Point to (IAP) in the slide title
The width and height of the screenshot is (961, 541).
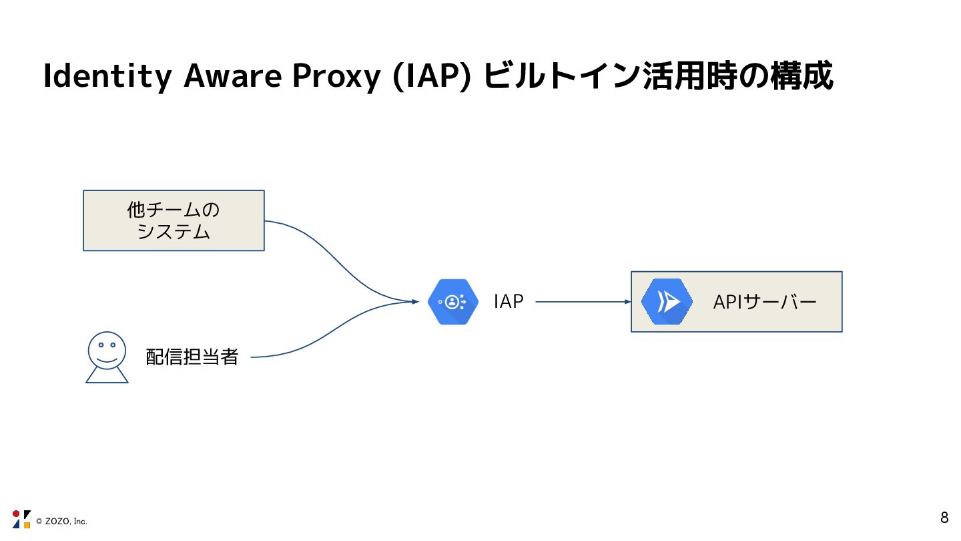coord(430,77)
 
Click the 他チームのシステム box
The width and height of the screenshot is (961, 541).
coord(174,220)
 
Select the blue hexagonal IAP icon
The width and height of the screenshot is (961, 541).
coord(453,302)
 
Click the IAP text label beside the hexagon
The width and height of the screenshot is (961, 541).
coord(509,302)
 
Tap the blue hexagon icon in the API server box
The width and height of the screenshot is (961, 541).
coord(667,302)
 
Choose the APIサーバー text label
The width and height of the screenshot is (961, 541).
coord(765,303)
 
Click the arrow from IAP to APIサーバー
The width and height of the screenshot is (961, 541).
coord(581,302)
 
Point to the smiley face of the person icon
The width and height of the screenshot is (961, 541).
coord(107,350)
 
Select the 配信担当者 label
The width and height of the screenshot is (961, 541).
coord(192,357)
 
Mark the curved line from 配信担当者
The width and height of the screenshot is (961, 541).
coord(334,331)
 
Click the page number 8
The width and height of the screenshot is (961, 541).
coord(944,518)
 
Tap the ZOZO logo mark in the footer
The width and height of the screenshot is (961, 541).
coord(21,519)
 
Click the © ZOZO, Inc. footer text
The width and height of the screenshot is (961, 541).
coord(61,522)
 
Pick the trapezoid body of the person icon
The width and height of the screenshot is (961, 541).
coord(107,375)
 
